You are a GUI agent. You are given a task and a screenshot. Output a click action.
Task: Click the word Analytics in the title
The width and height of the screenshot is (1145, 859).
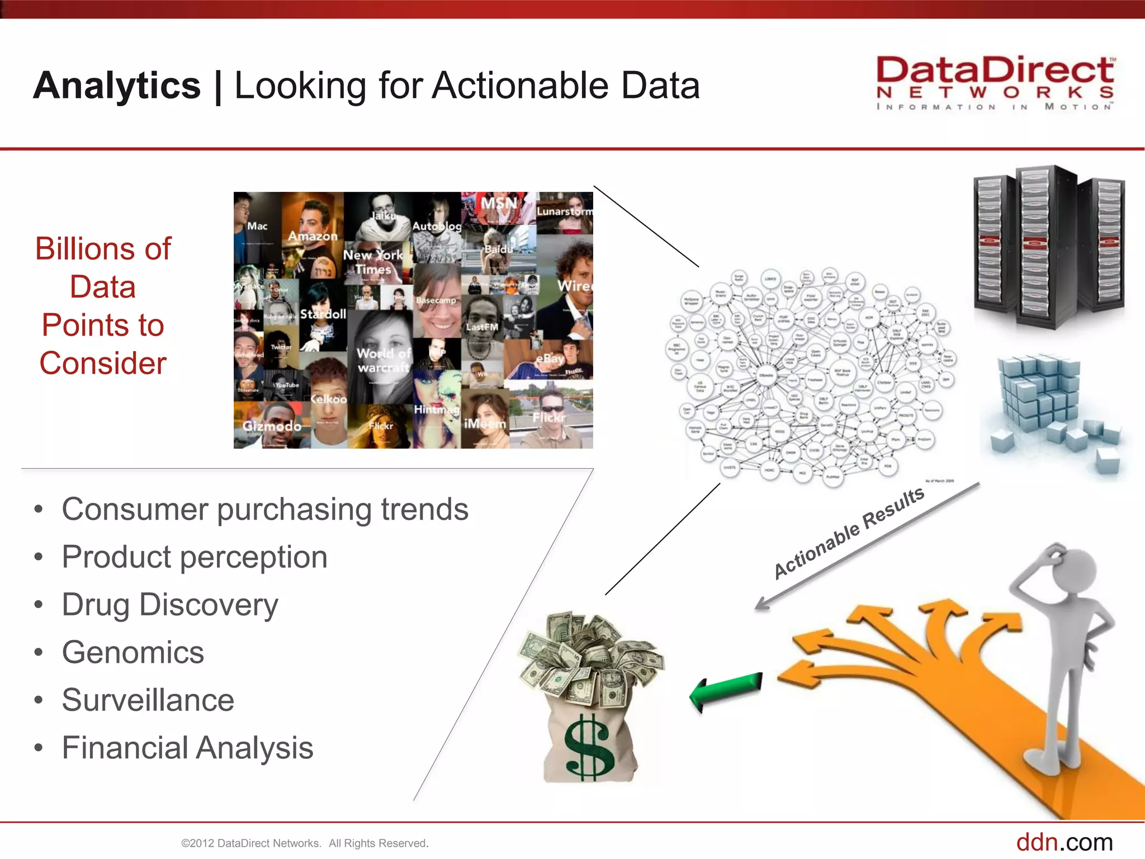pos(117,86)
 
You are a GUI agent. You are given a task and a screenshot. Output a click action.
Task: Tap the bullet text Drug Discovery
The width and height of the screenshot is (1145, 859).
pos(170,605)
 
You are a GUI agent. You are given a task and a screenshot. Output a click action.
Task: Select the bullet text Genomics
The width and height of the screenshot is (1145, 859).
pos(133,653)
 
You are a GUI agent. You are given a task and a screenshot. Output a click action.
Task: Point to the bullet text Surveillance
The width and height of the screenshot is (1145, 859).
pos(148,700)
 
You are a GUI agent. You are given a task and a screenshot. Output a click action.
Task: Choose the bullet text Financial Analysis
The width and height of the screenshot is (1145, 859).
pos(187,748)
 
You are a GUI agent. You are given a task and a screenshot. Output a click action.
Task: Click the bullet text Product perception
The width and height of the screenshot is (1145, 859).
pos(195,557)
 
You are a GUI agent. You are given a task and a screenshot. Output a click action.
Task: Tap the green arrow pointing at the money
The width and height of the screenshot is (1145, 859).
pos(726,691)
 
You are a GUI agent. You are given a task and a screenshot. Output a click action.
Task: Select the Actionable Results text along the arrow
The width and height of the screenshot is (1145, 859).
pos(849,532)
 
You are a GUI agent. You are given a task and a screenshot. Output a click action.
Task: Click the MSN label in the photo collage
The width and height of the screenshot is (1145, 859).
pos(499,204)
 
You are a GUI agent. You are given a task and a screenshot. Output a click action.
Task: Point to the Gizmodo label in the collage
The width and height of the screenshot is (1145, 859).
pos(272,426)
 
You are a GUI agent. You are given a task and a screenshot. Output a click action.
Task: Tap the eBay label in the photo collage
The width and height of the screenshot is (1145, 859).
pos(550,358)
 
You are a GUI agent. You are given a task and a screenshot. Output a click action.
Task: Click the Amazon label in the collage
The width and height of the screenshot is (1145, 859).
pos(313,237)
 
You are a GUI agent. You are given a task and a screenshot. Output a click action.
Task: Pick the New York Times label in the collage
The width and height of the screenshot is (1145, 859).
pos(373,262)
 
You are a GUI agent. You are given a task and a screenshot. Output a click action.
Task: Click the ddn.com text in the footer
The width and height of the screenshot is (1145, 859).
pos(1064,842)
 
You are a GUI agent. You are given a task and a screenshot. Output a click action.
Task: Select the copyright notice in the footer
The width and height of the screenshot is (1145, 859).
pos(305,843)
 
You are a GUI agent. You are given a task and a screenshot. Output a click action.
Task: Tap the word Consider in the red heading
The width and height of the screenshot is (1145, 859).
pos(103,364)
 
